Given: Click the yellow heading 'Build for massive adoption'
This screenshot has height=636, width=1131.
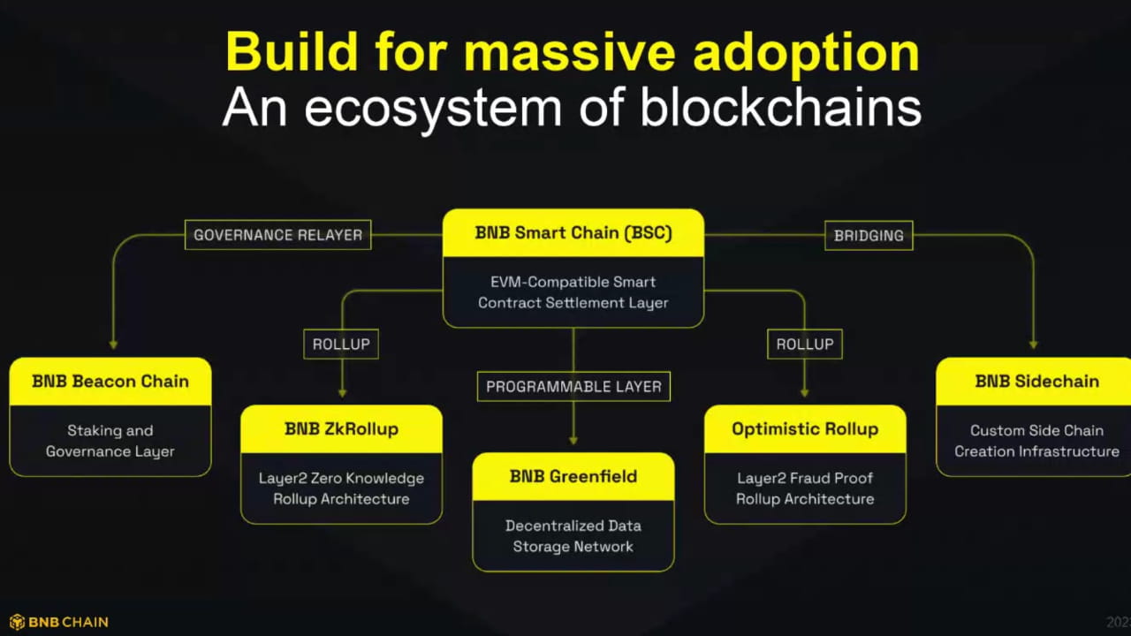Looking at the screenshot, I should pos(573,51).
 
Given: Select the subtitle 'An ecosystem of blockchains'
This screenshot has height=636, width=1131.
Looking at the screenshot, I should pos(573,108).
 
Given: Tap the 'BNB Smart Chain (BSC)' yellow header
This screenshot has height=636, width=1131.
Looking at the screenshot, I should pos(573,233).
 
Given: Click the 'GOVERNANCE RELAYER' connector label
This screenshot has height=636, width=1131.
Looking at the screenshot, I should pos(278,235).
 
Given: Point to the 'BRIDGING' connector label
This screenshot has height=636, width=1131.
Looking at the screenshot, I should pos(869,235).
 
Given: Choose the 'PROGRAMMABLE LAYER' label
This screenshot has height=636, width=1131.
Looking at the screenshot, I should pos(573,386).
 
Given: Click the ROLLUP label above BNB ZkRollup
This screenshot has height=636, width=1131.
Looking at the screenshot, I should pos(341,344).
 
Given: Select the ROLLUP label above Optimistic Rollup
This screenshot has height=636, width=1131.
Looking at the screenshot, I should pos(805,344).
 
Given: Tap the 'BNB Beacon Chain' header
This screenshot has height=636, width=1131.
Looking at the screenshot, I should pos(110,382).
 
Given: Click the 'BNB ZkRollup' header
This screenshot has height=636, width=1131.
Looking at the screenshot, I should pos(341,429).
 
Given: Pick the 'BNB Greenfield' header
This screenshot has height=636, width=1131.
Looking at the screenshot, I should pos(573,477).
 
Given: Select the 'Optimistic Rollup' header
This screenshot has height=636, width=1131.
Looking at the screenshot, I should pos(805,429).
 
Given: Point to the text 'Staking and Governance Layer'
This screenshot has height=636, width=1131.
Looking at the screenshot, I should pos(110,441).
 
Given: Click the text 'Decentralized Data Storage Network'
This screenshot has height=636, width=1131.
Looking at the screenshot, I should pos(573,536).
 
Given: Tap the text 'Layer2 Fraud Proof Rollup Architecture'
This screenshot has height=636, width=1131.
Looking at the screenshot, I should pos(805,488).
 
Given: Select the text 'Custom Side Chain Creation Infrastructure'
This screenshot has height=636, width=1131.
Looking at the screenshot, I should pos(1036,441).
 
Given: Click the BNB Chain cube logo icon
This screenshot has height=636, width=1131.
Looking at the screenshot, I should pos(17,622).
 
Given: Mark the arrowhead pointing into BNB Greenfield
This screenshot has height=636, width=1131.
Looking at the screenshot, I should pos(573,439).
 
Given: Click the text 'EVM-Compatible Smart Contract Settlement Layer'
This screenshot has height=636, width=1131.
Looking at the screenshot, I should pos(573,292).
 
